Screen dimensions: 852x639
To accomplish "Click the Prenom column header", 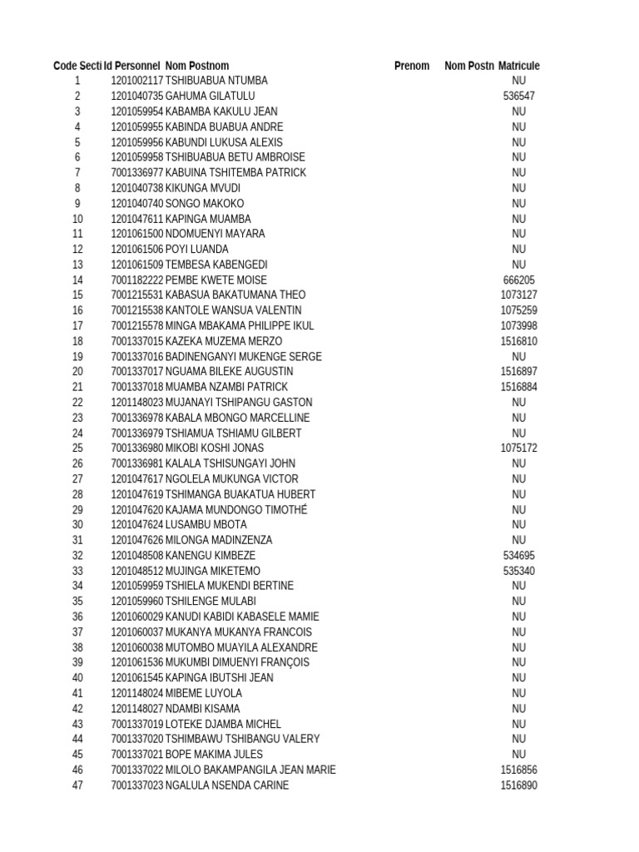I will pyautogui.click(x=412, y=66).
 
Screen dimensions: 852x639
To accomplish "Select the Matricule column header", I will pyautogui.click(x=519, y=66).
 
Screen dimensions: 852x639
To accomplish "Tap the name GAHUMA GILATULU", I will pyautogui.click(x=211, y=97).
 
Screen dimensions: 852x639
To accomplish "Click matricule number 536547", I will pyautogui.click(x=519, y=97).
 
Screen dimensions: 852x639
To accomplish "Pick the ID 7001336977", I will pyautogui.click(x=137, y=173).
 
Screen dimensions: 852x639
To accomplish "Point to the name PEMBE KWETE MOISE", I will pyautogui.click(x=216, y=280).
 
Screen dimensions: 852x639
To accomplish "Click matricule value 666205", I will pyautogui.click(x=519, y=280).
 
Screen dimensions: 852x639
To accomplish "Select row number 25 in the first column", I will pyautogui.click(x=77, y=448).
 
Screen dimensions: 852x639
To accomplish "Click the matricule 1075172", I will pyautogui.click(x=519, y=448).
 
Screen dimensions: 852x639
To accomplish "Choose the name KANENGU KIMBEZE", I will pyautogui.click(x=211, y=556).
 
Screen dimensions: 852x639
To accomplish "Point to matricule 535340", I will pyautogui.click(x=519, y=571).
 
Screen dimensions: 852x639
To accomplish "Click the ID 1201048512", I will pyautogui.click(x=137, y=571).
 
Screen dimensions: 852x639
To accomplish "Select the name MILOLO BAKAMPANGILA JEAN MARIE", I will pyautogui.click(x=250, y=770).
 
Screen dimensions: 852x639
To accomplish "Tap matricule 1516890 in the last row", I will pyautogui.click(x=519, y=785).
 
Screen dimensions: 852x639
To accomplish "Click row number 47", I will pyautogui.click(x=77, y=785).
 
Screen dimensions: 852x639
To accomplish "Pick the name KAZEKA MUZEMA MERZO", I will pyautogui.click(x=224, y=341).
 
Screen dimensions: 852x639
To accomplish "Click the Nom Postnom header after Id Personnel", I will pyautogui.click(x=197, y=66).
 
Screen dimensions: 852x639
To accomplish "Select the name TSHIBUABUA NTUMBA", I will pyautogui.click(x=216, y=81).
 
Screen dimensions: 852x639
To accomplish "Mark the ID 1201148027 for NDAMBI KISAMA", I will pyautogui.click(x=137, y=709).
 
